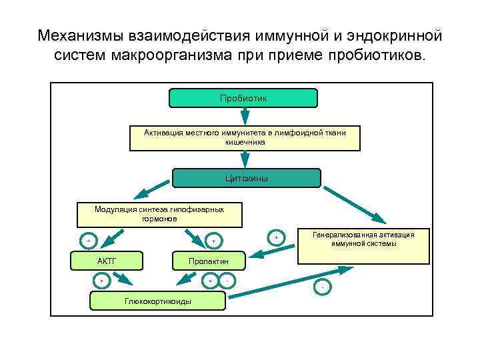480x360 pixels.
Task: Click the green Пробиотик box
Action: tap(243, 98)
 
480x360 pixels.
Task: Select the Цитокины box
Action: tap(247, 178)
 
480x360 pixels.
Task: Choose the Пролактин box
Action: tap(209, 261)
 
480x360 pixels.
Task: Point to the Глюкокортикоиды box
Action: tap(157, 301)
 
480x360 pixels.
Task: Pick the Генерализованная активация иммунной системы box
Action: tap(363, 239)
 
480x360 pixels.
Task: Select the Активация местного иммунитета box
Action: tap(245, 137)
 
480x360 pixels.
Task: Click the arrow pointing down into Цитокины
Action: tap(245, 159)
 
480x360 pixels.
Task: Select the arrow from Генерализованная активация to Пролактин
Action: tap(273, 252)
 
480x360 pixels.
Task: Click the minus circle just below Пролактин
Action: tap(227, 281)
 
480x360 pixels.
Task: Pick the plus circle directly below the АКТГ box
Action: tap(102, 281)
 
